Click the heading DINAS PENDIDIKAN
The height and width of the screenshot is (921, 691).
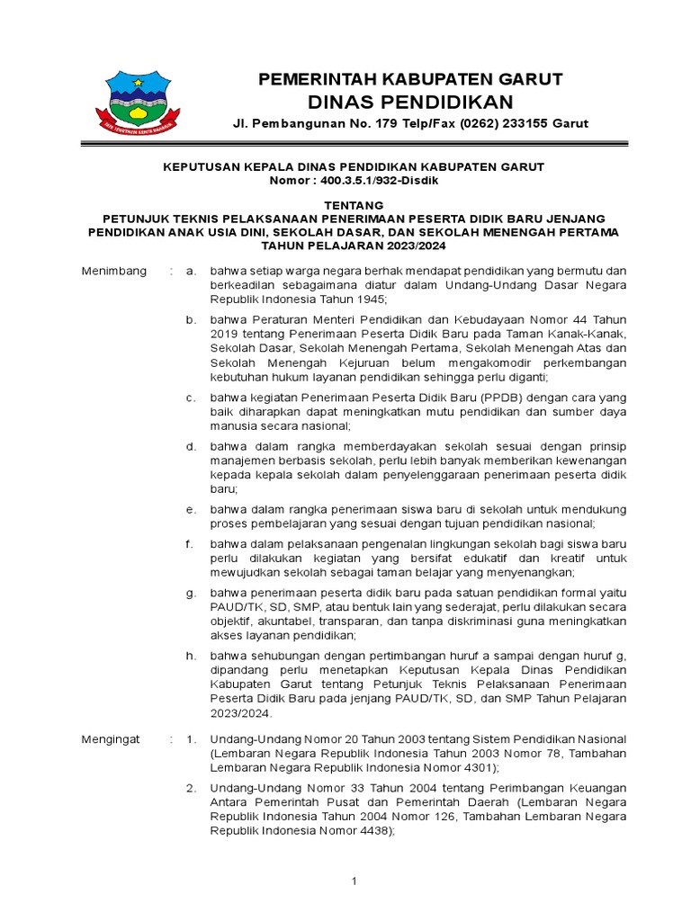pyautogui.click(x=410, y=101)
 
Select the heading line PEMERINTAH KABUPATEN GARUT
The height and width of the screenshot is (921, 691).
pyautogui.click(x=410, y=79)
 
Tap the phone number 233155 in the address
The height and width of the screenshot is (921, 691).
pyautogui.click(x=523, y=123)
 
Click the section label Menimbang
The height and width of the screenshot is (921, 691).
pyautogui.click(x=113, y=271)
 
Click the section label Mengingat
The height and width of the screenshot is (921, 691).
pyautogui.click(x=111, y=738)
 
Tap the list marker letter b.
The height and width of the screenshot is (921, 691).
pyautogui.click(x=191, y=319)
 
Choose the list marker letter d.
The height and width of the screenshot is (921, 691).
pyautogui.click(x=191, y=446)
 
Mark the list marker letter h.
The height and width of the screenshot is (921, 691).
pyautogui.click(x=191, y=656)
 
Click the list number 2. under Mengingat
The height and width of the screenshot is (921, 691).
pyautogui.click(x=191, y=788)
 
